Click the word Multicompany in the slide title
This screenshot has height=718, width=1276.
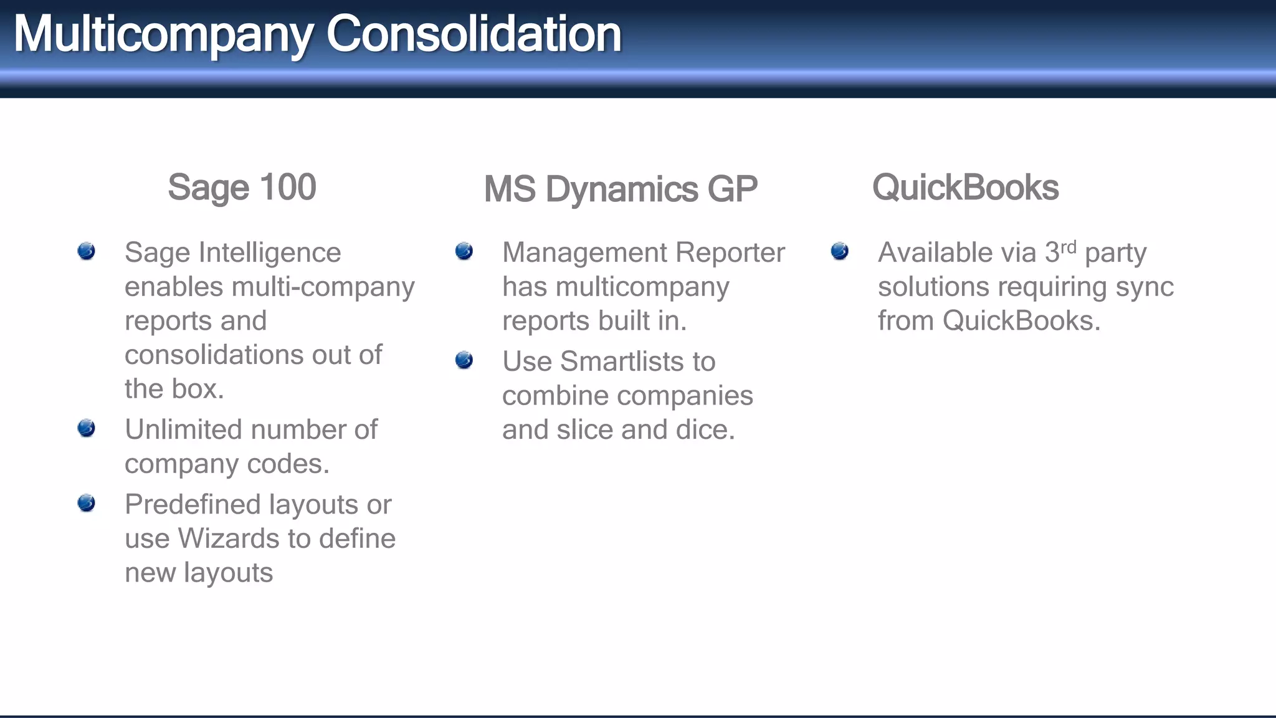point(163,34)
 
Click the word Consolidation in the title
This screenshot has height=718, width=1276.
point(474,34)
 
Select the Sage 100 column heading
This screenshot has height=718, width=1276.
point(242,187)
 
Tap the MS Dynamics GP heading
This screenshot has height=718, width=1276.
point(621,189)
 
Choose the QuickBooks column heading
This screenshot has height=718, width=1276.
point(965,187)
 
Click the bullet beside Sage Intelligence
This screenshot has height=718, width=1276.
point(87,251)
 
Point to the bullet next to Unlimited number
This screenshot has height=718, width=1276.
point(87,428)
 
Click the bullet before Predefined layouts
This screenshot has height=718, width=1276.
point(87,503)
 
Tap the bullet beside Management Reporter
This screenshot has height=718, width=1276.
point(464,251)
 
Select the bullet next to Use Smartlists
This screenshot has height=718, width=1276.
point(464,360)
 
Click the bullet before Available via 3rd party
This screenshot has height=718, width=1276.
point(840,251)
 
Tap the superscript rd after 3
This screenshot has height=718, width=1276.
point(1068,247)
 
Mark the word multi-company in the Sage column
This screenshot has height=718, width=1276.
point(323,287)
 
